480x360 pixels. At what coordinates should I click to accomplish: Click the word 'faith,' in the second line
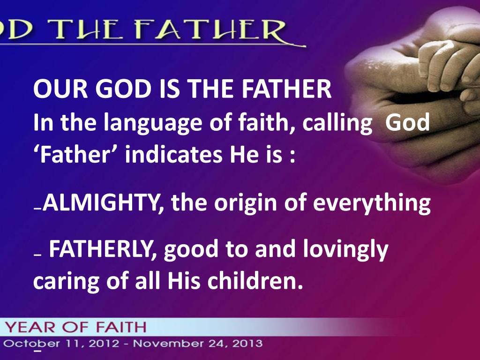pyautogui.click(x=271, y=123)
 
